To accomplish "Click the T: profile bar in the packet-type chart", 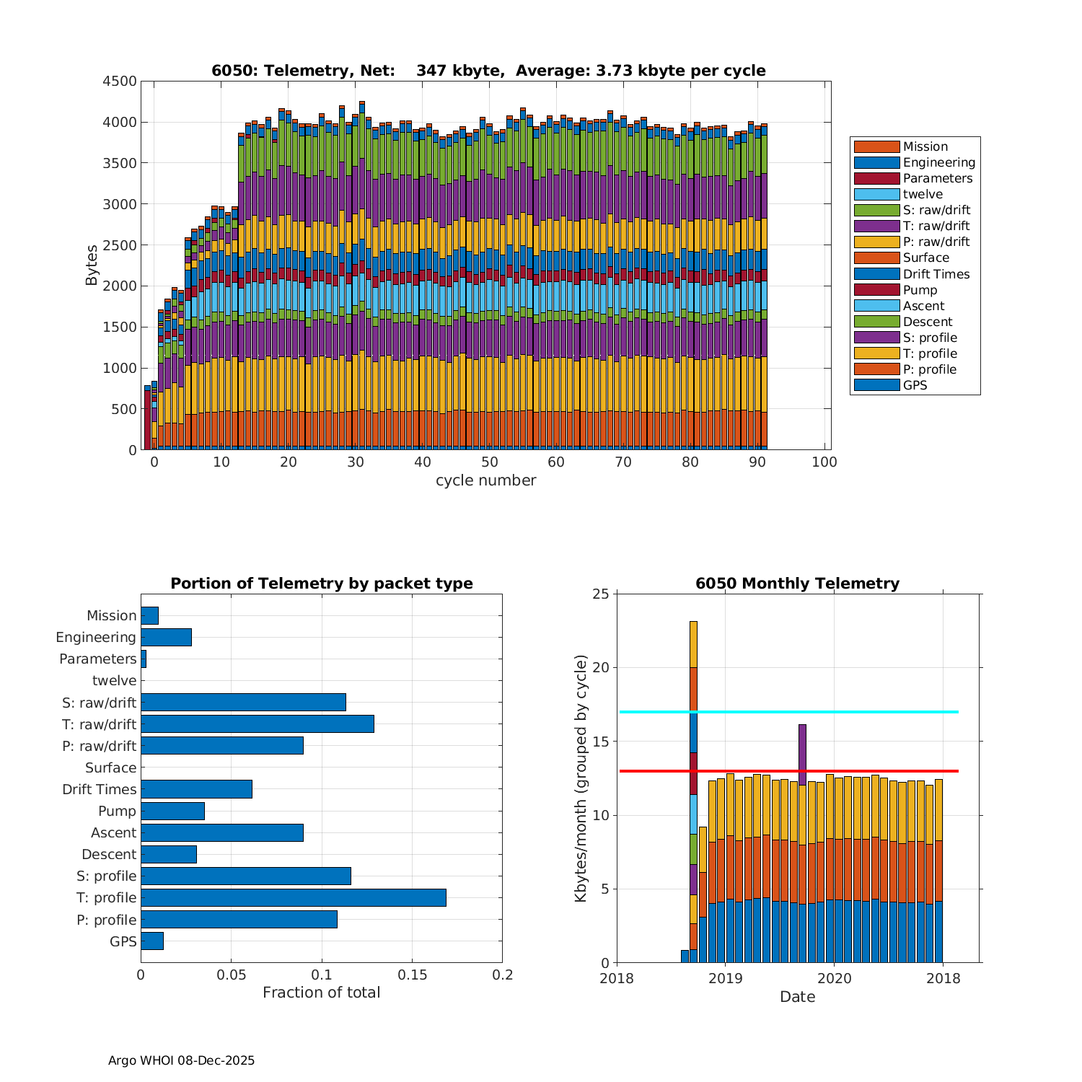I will tap(293, 897).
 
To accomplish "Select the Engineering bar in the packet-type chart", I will tap(166, 637).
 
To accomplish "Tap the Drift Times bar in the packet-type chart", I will tap(196, 789).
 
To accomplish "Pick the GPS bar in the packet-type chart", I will tap(152, 941).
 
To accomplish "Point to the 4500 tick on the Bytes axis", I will tap(119, 82).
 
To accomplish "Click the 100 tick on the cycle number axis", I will tap(824, 462).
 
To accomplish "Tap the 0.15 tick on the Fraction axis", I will tap(412, 975).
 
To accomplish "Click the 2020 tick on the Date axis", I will tap(835, 978).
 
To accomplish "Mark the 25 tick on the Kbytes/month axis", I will tap(602, 594).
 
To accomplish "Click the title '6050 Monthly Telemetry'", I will tap(797, 584).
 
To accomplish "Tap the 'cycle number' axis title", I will tap(485, 480).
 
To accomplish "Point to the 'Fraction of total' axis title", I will tap(321, 993).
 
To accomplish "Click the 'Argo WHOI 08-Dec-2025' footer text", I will tap(181, 1060).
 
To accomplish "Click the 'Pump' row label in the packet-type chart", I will tap(117, 811).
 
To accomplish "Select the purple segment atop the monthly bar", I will tap(802, 755).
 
